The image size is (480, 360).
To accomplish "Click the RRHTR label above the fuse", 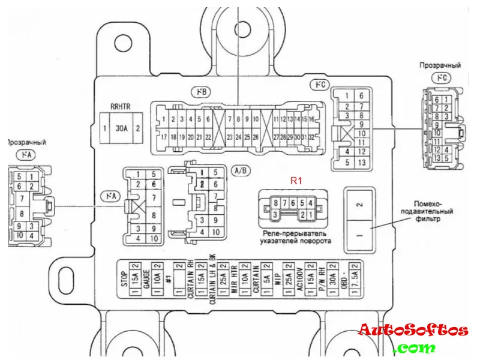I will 120,107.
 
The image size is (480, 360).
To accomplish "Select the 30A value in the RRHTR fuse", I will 121,128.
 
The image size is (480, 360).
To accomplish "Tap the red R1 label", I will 296,180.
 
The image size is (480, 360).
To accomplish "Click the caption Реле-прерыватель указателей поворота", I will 296,237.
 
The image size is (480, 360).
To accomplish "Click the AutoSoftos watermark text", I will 413,330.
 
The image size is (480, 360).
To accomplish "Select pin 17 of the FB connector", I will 164,137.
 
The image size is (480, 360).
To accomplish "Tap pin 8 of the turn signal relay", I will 275,203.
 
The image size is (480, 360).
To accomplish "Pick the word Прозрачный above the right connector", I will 440,65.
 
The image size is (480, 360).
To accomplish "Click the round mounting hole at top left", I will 123,43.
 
